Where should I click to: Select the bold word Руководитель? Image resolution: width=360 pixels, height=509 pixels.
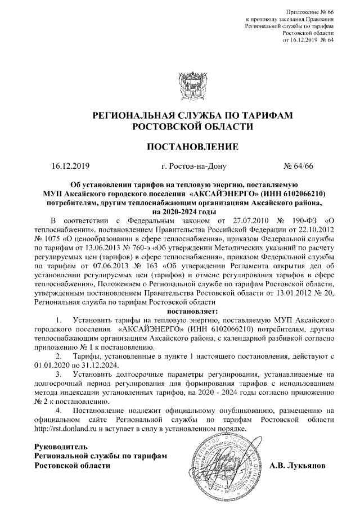[61, 447]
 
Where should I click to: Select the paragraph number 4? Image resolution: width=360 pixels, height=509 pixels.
[58, 410]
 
